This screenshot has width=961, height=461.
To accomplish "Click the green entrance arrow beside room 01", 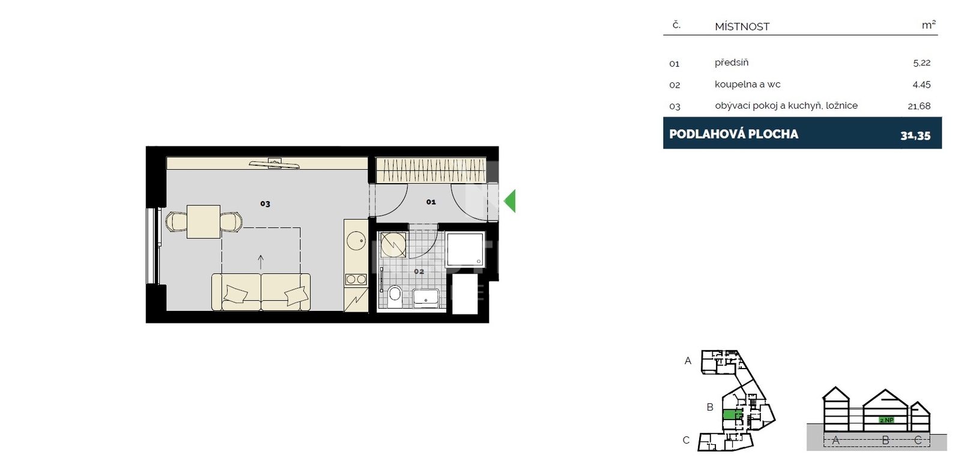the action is click(x=511, y=200).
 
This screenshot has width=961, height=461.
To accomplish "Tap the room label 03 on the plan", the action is click(x=265, y=203).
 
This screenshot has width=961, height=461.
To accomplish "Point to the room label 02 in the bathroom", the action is click(x=419, y=271).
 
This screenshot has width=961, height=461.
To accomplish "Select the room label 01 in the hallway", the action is click(x=431, y=202).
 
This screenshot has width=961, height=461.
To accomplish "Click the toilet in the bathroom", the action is click(x=394, y=295).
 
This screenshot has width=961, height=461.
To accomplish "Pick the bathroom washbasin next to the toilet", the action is click(x=426, y=298).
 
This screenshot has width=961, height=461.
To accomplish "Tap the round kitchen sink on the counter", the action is click(x=356, y=241).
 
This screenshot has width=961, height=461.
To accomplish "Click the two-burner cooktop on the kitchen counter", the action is click(x=356, y=280).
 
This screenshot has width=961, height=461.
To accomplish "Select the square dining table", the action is click(x=204, y=221).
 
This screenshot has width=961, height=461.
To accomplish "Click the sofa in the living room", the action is click(x=261, y=292).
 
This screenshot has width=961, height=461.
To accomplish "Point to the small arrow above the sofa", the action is click(x=261, y=262).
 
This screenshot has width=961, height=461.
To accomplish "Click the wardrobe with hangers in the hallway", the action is click(x=431, y=170).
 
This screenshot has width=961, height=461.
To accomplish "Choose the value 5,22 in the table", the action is click(x=921, y=63).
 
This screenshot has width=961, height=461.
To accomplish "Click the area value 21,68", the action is click(x=919, y=106).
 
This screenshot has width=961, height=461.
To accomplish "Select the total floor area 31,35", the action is click(x=915, y=136).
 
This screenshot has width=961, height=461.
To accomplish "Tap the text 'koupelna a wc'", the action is click(x=747, y=84).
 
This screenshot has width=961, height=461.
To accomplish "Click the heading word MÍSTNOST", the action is click(x=742, y=26).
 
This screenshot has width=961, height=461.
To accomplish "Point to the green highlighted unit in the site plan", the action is click(x=732, y=415).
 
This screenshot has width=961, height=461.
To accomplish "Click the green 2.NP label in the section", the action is click(x=887, y=420).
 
